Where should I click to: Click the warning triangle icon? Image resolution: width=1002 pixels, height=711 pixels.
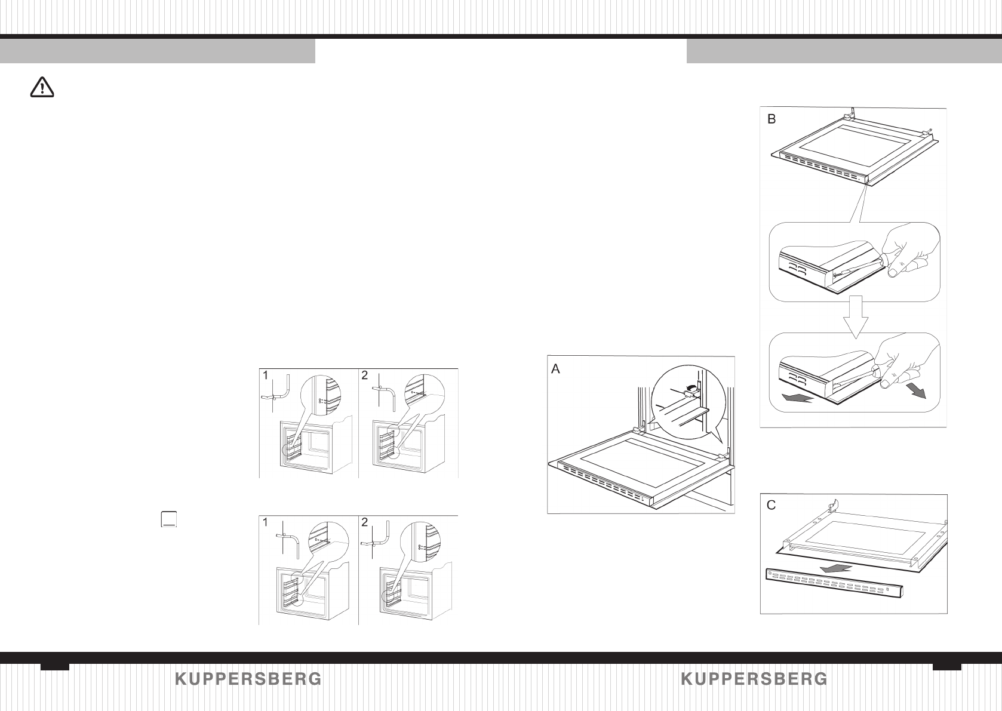click(42, 88)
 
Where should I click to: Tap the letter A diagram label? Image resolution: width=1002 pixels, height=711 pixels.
click(555, 370)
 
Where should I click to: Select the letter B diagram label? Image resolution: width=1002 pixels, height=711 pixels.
click(772, 119)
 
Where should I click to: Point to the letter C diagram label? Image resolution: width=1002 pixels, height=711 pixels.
click(772, 506)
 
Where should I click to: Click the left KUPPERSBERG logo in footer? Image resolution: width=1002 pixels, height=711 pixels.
click(248, 679)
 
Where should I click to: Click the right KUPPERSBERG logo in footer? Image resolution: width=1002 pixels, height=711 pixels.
click(754, 679)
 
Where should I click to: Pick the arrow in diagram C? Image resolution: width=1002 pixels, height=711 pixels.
click(834, 568)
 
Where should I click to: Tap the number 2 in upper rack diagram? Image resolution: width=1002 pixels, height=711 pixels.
click(365, 375)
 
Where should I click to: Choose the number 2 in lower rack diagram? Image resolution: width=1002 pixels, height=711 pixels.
click(365, 522)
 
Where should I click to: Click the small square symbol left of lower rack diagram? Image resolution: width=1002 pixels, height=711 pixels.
click(170, 519)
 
